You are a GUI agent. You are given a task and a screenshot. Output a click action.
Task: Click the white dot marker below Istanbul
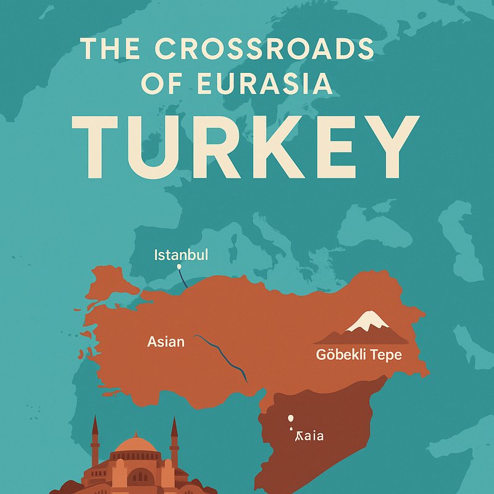click(x=179, y=267)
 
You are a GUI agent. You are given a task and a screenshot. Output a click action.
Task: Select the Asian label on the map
click(x=165, y=341)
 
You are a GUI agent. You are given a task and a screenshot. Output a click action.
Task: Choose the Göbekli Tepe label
click(x=359, y=355)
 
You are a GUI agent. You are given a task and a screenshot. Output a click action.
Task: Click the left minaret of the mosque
click(x=95, y=442)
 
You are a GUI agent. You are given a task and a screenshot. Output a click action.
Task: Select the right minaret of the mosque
click(x=174, y=442)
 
